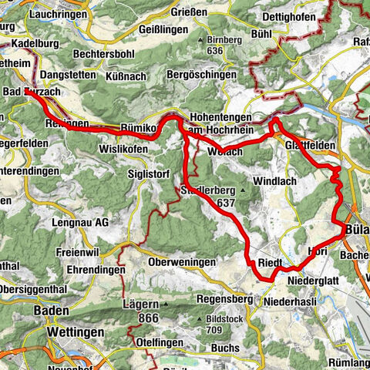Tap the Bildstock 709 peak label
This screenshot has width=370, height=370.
(226, 322)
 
